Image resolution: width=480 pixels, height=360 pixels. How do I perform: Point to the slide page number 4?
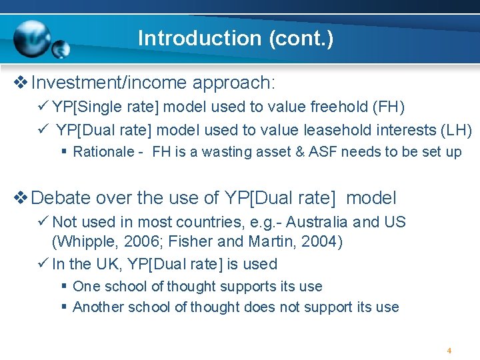click(x=449, y=350)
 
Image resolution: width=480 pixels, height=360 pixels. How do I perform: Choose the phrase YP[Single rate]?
click(x=106, y=107)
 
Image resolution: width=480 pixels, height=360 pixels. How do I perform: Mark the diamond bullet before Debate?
click(x=20, y=198)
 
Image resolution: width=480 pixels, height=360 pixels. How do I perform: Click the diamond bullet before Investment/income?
click(x=20, y=83)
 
